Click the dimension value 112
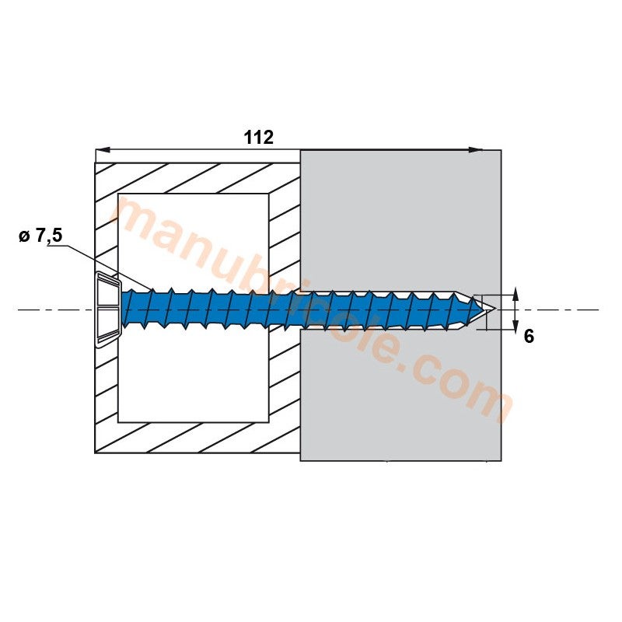[259, 138]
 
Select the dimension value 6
[529, 337]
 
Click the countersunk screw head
[107, 309]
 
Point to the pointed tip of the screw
[490, 311]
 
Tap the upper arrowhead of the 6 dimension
[515, 298]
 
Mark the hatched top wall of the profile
[194, 178]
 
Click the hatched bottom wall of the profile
[194, 438]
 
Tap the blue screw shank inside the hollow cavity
[202, 311]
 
